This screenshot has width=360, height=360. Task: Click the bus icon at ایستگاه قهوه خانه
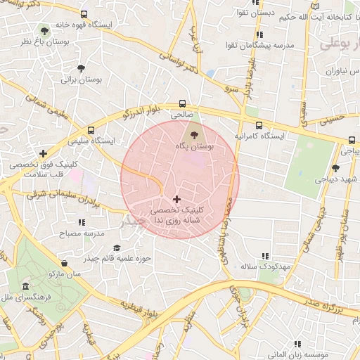coord(84,14)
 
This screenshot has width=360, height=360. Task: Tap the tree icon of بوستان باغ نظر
coord(46,31)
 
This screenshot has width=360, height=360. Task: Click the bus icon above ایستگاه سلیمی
coord(91,130)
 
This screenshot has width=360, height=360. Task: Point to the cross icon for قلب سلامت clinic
coord(44,153)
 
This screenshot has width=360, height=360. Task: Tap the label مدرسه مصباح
coord(79,232)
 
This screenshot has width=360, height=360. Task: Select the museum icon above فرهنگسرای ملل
coord(25,287)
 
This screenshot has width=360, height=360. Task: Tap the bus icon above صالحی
coord(183,102)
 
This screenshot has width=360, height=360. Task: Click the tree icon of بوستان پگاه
coord(193,132)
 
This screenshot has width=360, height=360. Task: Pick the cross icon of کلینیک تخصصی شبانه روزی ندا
coord(176,200)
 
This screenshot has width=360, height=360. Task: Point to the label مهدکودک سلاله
coord(265,267)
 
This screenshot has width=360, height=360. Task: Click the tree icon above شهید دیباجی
coord(335,167)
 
